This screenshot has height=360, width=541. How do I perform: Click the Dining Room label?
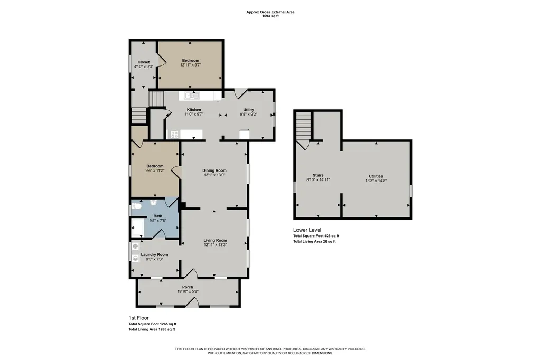click(214, 170)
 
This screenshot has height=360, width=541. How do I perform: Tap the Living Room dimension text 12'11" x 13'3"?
click(215, 245)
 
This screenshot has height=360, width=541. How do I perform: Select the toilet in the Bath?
click(137, 206)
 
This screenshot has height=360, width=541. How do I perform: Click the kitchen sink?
click(192, 96)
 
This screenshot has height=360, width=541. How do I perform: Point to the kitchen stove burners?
click(174, 134)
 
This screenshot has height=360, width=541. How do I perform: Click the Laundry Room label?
click(154, 255)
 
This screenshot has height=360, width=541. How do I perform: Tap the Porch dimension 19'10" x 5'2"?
click(188, 291)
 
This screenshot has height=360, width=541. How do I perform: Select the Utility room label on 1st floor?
click(248, 110)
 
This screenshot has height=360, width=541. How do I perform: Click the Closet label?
click(144, 62)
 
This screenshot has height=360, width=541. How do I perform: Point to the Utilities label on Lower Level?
click(376, 176)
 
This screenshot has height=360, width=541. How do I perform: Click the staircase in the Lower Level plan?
click(304, 126)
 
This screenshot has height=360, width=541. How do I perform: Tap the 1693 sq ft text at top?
click(270, 16)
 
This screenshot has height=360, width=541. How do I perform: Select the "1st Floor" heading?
click(139, 318)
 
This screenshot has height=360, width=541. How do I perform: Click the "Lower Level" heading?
click(307, 230)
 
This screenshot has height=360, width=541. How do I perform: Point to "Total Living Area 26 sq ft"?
click(314, 242)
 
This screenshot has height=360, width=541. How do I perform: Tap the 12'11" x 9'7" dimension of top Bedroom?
click(190, 65)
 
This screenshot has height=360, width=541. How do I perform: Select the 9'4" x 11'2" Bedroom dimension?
click(155, 170)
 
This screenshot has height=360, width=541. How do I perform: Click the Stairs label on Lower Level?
click(318, 176)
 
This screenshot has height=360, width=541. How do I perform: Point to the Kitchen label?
click(194, 110)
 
